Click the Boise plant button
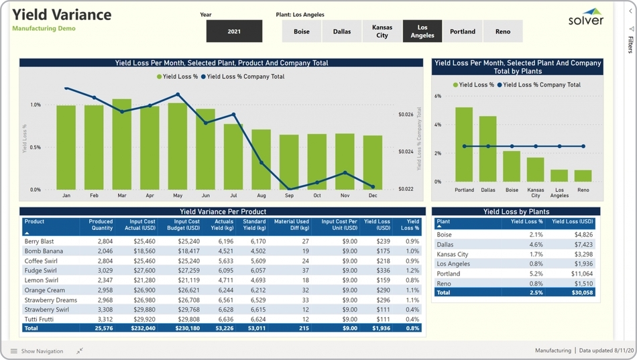coord(302,32)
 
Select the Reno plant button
coord(502,32)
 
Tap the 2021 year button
coord(234,32)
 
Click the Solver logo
coord(586,17)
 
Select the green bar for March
coord(122,144)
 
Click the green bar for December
coord(373,163)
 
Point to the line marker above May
coord(178,95)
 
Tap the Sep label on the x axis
coord(289,196)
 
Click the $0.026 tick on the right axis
coord(406,115)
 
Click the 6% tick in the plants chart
coord(438,97)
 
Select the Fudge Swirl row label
coord(41,271)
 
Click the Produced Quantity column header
coord(101,225)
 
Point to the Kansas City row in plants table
coord(453,255)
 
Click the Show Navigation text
coord(42,351)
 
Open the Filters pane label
coord(630,44)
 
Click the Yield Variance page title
coord(62,15)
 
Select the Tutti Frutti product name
coord(39,319)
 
